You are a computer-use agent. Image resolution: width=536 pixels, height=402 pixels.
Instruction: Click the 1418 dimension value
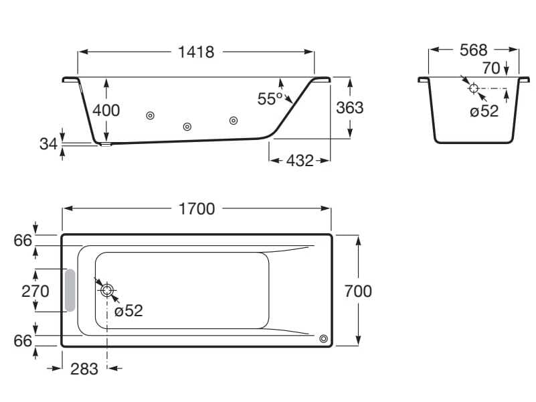pyautogui.click(x=196, y=52)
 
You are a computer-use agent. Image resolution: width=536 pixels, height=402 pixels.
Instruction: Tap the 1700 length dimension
pyautogui.click(x=197, y=209)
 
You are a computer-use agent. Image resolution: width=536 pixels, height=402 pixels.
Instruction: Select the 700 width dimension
pyautogui.click(x=358, y=291)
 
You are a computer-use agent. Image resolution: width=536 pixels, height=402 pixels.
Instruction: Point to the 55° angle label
pyautogui.click(x=270, y=99)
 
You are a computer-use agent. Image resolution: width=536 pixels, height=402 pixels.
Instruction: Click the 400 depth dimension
pyautogui.click(x=106, y=110)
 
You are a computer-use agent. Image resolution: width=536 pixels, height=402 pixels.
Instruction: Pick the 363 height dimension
pyautogui.click(x=349, y=107)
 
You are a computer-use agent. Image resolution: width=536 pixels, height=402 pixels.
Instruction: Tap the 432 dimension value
pyautogui.click(x=300, y=161)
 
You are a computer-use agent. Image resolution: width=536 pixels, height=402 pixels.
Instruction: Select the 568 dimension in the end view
pyautogui.click(x=473, y=50)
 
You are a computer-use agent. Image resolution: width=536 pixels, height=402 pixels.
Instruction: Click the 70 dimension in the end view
pyautogui.click(x=491, y=68)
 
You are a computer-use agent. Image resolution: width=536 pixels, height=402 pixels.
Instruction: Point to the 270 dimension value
pyautogui.click(x=35, y=291)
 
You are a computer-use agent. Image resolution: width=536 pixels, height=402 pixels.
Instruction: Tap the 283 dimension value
pyautogui.click(x=85, y=368)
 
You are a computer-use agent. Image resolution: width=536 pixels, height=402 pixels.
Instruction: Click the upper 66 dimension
pyautogui.click(x=23, y=240)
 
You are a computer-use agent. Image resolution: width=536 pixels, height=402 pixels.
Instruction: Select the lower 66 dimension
pyautogui.click(x=23, y=340)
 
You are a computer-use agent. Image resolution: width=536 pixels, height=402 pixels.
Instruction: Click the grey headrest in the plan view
pyautogui.click(x=70, y=291)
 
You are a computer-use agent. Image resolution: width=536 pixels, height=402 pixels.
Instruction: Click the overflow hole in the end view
pyautogui.click(x=473, y=88)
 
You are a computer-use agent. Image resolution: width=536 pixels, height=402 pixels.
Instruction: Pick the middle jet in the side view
pyautogui.click(x=188, y=127)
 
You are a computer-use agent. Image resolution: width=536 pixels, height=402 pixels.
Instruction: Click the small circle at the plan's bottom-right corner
pyautogui.click(x=325, y=339)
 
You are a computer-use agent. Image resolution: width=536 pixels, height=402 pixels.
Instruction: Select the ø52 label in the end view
pyautogui.click(x=484, y=111)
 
